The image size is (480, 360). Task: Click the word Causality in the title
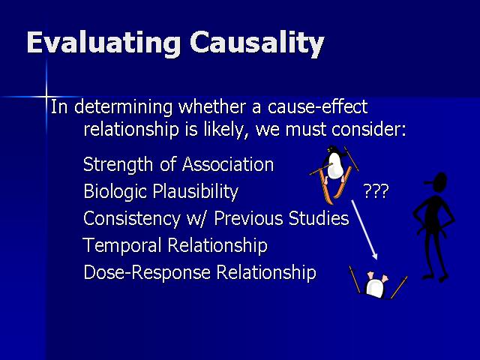(x=256, y=43)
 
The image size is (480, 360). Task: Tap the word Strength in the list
(x=118, y=165)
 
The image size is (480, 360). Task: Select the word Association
(x=228, y=164)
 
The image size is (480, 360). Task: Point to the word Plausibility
(x=195, y=192)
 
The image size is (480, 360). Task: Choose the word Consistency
(x=132, y=219)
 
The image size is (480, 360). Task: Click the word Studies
(x=318, y=218)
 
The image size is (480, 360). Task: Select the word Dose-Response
(x=147, y=273)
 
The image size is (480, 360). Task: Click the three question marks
(x=376, y=191)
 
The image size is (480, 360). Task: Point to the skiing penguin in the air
(x=334, y=175)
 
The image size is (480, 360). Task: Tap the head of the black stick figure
(x=438, y=183)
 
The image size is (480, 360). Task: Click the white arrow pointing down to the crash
(x=364, y=230)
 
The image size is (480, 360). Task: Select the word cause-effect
(x=317, y=107)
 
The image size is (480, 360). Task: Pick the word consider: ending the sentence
(x=369, y=130)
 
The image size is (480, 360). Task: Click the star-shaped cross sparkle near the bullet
(x=46, y=97)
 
